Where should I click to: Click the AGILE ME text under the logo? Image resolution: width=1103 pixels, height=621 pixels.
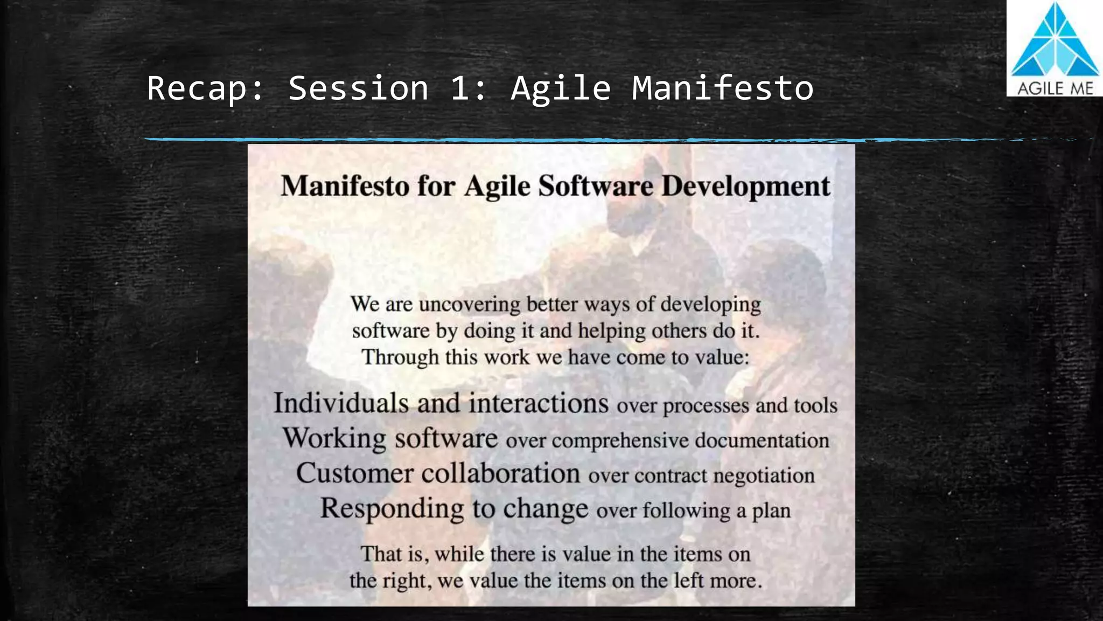pos(1055,88)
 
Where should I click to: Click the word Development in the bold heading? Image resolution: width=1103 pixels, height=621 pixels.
pos(746,186)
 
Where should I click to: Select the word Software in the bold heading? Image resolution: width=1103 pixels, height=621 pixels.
pos(596,186)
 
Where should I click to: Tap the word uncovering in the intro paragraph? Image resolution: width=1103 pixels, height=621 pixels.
pos(470,304)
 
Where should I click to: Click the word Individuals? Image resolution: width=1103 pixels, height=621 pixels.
pos(341,403)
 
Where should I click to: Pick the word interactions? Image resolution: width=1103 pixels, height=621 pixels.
pos(538,403)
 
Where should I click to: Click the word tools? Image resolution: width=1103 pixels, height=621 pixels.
pos(815,405)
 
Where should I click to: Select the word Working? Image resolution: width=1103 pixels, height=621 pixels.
pos(334,438)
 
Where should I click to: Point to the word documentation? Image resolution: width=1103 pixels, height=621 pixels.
pos(762,440)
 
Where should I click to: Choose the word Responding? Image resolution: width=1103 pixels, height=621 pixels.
pos(392,508)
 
